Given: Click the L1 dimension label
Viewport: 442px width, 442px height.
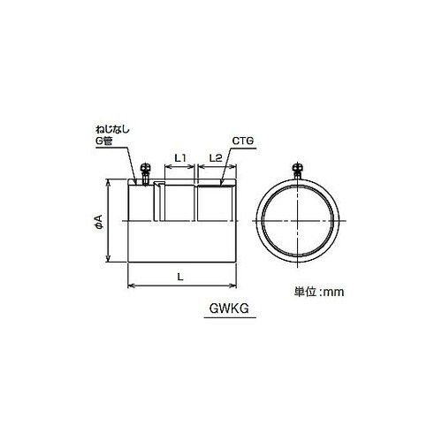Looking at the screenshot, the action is [180, 158].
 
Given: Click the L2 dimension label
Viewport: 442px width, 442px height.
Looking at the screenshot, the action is [216, 158].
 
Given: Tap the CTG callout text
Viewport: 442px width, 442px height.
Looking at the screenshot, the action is [243, 141].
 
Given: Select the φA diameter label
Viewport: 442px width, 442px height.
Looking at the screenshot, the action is [99, 222].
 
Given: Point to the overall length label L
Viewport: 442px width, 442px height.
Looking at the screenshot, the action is [180, 277].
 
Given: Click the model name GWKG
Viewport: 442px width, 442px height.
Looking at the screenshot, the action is [229, 309].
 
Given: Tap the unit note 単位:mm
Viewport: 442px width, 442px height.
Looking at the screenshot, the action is [319, 292].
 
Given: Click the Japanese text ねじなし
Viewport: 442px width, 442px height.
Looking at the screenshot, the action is [112, 130].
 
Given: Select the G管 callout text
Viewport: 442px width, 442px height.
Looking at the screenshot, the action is [104, 141].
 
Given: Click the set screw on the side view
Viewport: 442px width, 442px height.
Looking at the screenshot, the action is [145, 173].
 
